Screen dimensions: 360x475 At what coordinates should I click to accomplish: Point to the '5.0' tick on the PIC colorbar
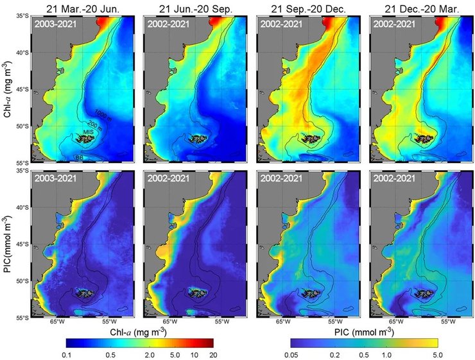point(436,353)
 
